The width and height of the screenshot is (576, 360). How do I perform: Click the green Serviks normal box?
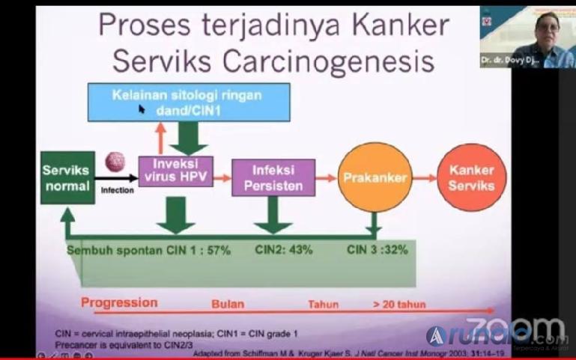(x=67, y=177)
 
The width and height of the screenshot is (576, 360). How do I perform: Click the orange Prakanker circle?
(x=374, y=178)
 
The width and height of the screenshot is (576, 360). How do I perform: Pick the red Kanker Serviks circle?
(x=471, y=177)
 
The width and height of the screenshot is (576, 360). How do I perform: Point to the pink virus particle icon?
(x=115, y=162)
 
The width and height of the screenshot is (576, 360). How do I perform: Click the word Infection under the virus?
(x=117, y=190)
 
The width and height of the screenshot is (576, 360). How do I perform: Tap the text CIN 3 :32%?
(x=377, y=250)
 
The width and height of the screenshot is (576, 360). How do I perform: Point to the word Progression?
(x=119, y=303)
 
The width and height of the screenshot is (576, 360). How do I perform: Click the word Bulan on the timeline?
(x=227, y=305)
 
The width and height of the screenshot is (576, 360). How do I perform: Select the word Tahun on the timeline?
(x=323, y=305)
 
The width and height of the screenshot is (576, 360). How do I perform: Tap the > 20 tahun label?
(x=397, y=305)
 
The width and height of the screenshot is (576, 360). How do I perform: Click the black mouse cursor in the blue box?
(x=142, y=109)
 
